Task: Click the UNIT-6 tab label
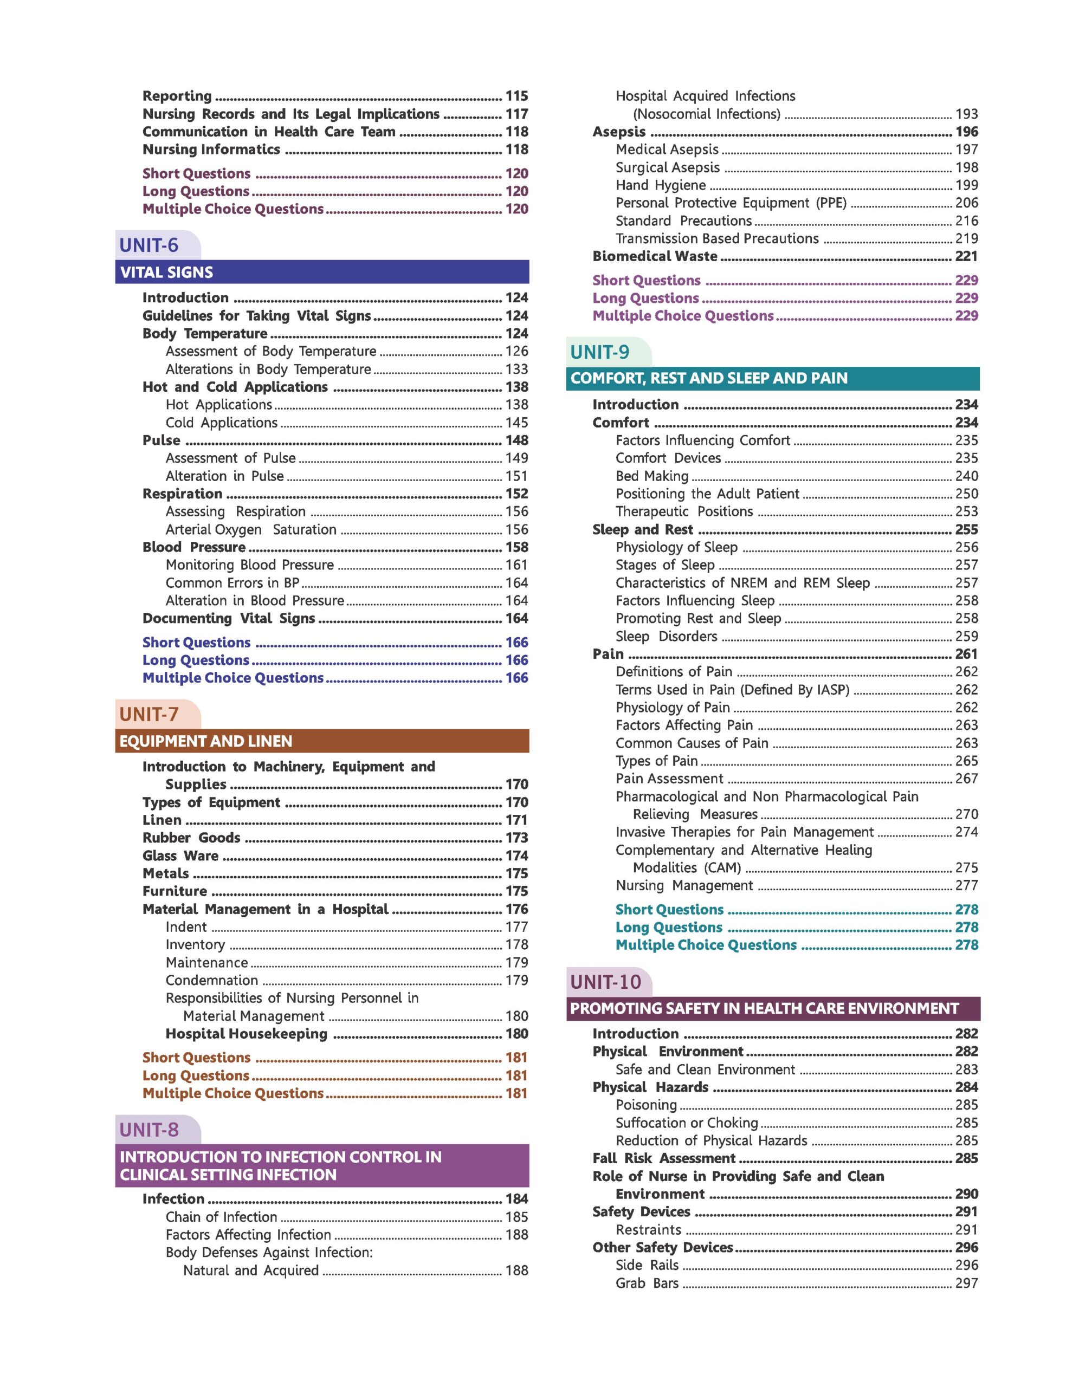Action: tap(149, 245)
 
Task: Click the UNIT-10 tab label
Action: tap(606, 982)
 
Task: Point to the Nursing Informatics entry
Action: tap(211, 149)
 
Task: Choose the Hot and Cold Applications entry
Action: tap(235, 387)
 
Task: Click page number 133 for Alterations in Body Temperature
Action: tap(516, 369)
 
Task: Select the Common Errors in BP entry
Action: tap(232, 582)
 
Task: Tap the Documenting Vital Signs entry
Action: tap(229, 618)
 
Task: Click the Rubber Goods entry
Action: tap(191, 838)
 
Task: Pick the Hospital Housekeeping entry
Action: tap(247, 1033)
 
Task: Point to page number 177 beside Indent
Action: tap(516, 926)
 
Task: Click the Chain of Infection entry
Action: tap(221, 1217)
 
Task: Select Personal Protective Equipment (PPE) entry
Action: tap(731, 203)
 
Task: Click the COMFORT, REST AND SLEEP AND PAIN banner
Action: tap(709, 379)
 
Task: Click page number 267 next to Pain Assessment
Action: tap(966, 779)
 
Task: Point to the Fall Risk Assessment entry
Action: tap(664, 1158)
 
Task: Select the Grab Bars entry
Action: tap(647, 1283)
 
